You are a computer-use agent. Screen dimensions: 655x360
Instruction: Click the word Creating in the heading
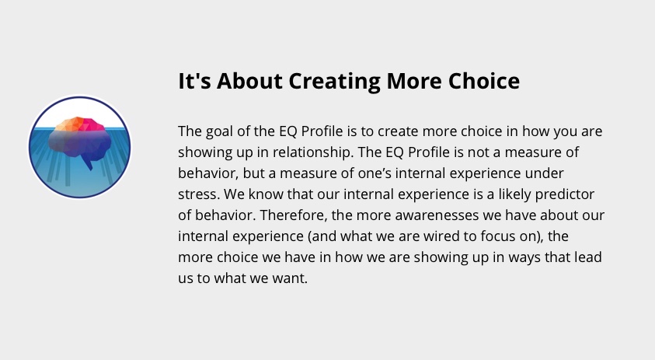tap(335, 81)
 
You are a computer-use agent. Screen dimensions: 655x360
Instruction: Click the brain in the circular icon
tap(80, 141)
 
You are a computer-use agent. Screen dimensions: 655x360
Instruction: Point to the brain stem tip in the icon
tap(91, 169)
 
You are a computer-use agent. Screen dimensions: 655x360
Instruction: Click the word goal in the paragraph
tap(220, 131)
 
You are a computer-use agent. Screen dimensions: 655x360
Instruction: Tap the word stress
tap(199, 194)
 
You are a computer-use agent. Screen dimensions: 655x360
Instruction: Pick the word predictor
tap(564, 194)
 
